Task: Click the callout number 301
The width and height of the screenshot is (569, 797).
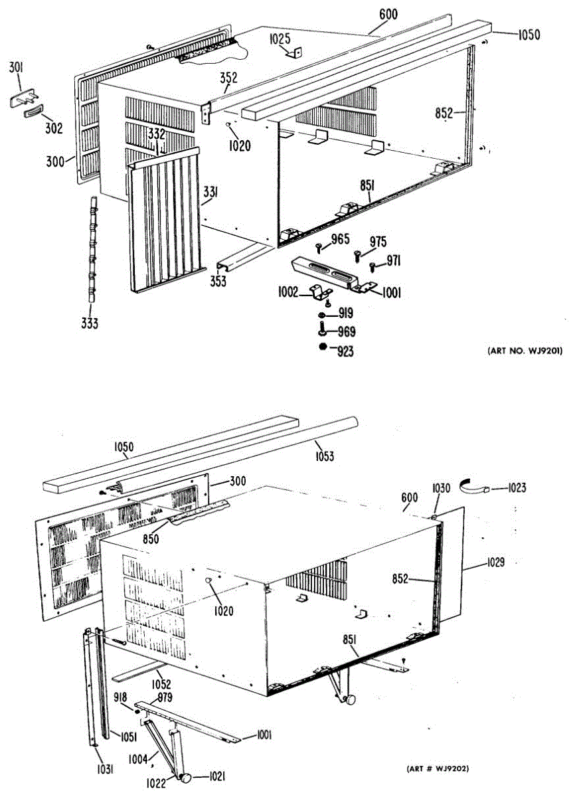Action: (x=16, y=66)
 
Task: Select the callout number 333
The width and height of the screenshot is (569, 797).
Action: (x=90, y=324)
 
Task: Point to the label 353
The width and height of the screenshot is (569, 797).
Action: (x=218, y=281)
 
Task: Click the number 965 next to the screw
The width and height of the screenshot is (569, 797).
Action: (x=340, y=240)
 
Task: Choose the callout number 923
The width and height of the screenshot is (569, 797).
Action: (x=345, y=352)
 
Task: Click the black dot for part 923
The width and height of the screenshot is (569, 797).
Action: (x=322, y=347)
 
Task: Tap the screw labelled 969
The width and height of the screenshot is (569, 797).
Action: (x=323, y=328)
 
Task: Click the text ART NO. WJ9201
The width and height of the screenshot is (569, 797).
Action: (x=525, y=351)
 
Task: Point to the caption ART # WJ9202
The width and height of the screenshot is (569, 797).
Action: (x=438, y=768)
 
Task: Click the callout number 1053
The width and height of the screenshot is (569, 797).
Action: (x=324, y=456)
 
